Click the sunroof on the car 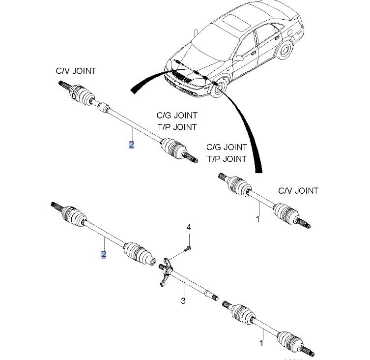click(235, 22)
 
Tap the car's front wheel click(219, 87)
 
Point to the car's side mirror click(239, 58)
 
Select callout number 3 click(183, 300)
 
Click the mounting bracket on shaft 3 click(166, 271)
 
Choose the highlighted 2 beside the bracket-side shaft click(103, 254)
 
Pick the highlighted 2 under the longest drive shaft click(131, 145)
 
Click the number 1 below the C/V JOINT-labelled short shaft click(257, 218)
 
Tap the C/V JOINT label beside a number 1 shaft click(298, 190)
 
